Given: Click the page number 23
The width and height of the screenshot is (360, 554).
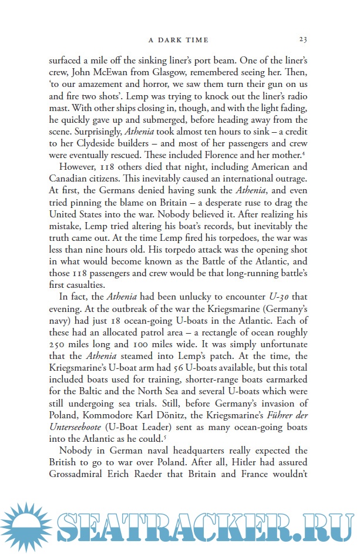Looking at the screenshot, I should [302, 39].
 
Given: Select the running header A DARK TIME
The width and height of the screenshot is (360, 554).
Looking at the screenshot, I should [179, 40].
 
